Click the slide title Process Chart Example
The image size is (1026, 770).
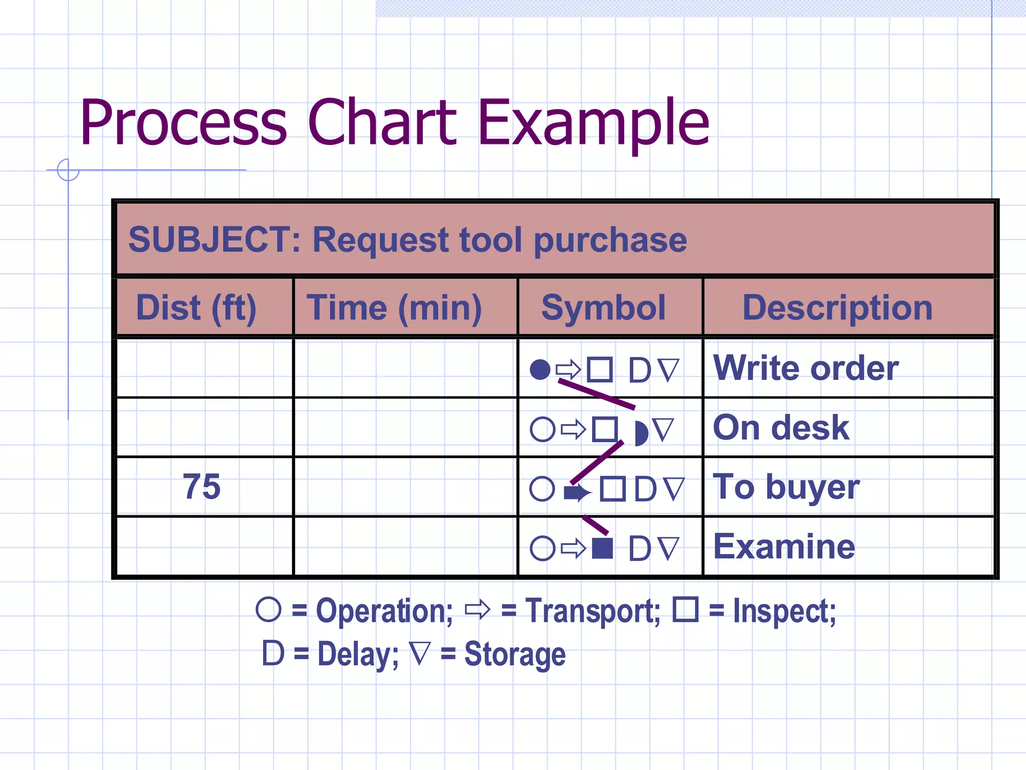click(394, 123)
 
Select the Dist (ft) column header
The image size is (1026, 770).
click(196, 307)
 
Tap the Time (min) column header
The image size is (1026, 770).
click(394, 307)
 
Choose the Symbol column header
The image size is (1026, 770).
click(603, 307)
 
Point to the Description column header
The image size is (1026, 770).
click(837, 307)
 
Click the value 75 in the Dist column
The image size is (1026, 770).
click(201, 486)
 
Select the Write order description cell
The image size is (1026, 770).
click(806, 368)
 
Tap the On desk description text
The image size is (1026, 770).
click(781, 428)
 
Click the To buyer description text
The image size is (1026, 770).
click(786, 487)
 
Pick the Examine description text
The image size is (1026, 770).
click(784, 546)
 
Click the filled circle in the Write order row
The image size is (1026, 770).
click(540, 369)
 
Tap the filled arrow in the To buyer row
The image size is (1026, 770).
click(576, 492)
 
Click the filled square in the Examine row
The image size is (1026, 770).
click(602, 548)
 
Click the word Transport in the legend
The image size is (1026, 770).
click(593, 611)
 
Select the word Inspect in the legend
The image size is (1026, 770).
click(784, 611)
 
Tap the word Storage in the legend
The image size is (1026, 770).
click(515, 654)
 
